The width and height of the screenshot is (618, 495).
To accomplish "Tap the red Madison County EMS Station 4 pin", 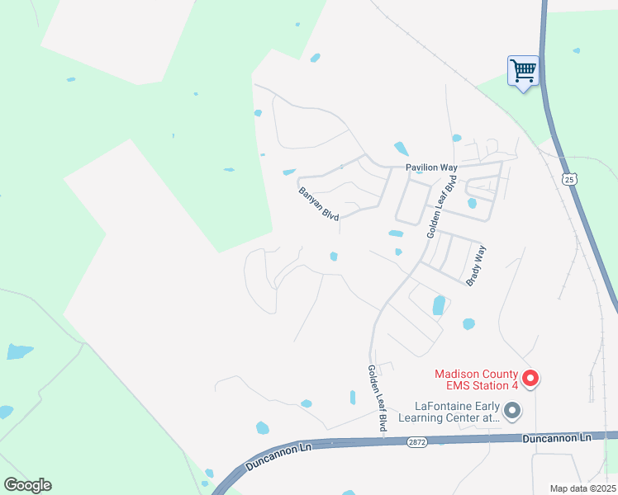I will click(531, 379).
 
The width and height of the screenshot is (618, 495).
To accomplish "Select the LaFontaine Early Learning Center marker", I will click(512, 410).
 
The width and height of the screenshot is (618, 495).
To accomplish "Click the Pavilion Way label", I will click(431, 167).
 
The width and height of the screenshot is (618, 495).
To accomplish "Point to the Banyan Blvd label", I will click(319, 202).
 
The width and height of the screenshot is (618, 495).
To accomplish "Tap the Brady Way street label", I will click(477, 266).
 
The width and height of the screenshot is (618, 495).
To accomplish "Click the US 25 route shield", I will click(568, 178).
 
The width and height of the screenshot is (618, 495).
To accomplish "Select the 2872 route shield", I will click(417, 442).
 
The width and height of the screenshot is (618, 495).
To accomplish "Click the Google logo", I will click(27, 485).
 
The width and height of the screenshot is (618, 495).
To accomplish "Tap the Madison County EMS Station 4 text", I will click(478, 379).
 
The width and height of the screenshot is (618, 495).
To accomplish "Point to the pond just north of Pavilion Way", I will click(401, 149).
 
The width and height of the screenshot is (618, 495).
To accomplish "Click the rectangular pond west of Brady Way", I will click(438, 305).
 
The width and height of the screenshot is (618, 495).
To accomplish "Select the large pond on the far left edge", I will click(18, 352).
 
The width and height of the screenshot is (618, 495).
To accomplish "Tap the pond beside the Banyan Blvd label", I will click(288, 172).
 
